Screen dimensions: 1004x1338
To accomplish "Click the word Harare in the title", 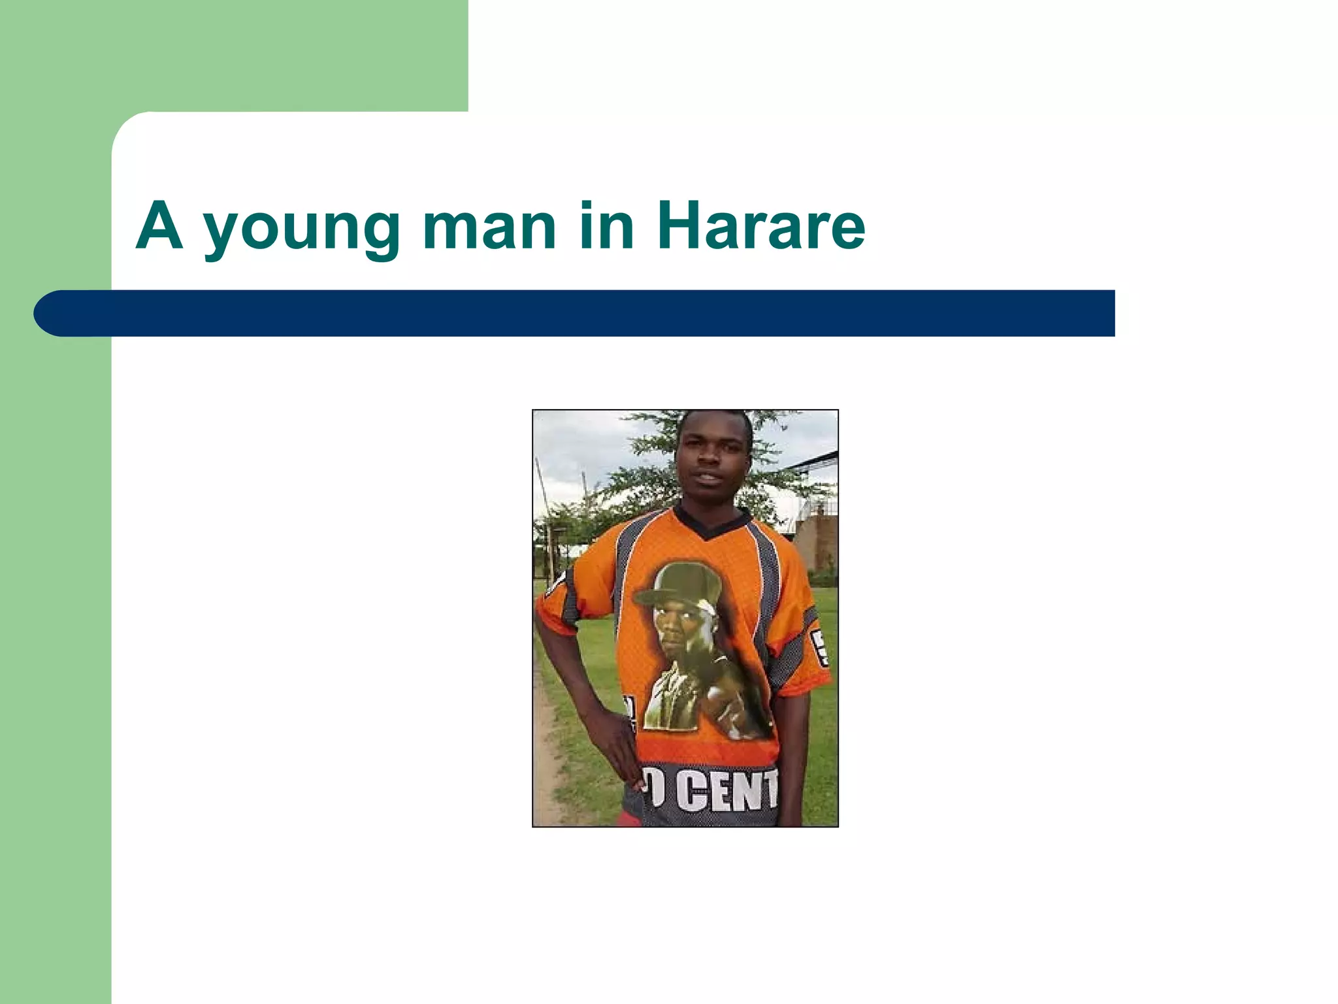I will (x=761, y=226).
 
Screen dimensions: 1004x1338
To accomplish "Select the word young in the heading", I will (x=302, y=229).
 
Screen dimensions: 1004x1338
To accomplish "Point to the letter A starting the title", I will (x=159, y=226).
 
